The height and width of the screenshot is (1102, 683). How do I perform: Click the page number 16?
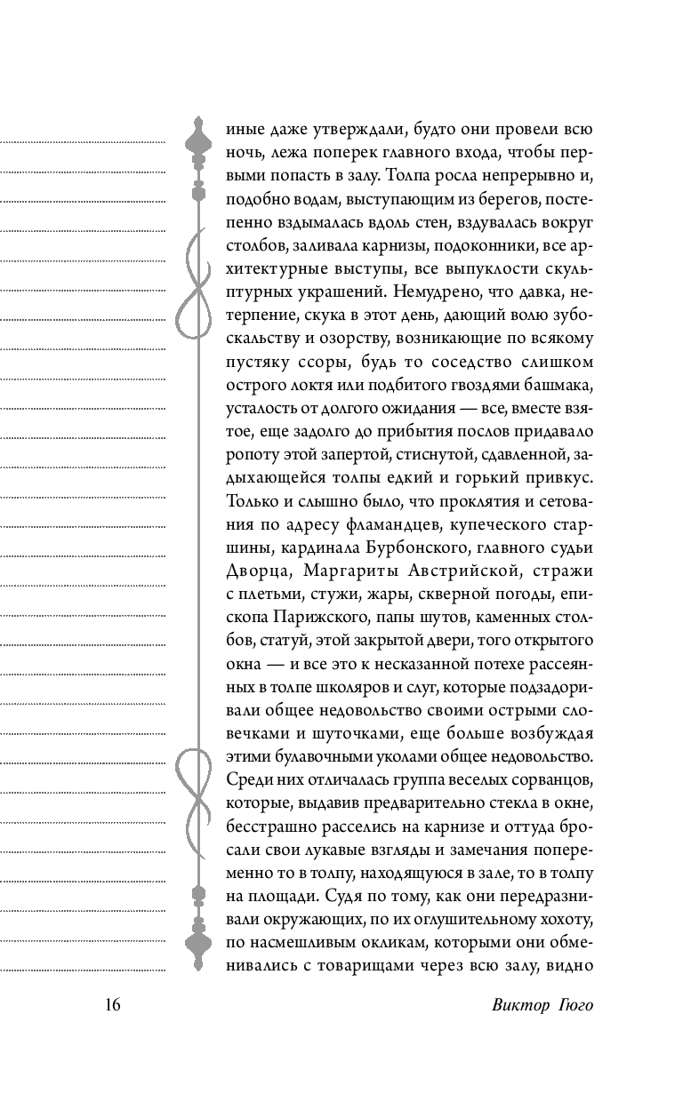(x=112, y=1005)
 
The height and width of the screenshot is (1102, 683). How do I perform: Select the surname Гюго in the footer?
(x=575, y=1005)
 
